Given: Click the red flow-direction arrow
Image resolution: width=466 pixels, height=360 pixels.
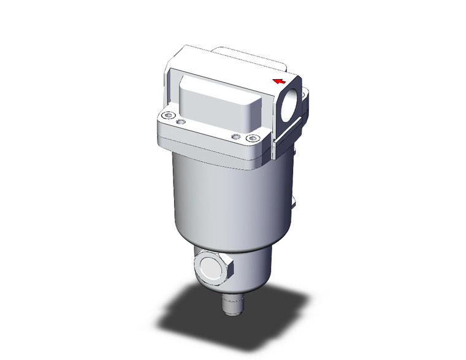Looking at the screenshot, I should (279, 81).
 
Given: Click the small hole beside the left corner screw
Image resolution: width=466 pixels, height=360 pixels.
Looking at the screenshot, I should (180, 123).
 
